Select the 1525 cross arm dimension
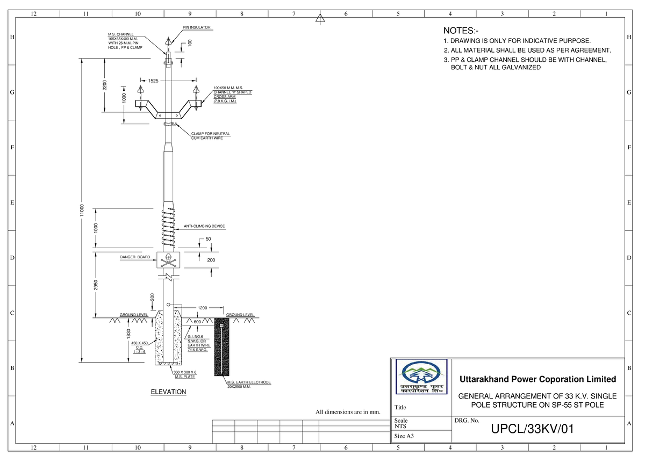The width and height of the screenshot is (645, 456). (154, 81)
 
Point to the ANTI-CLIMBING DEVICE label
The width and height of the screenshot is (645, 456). (204, 227)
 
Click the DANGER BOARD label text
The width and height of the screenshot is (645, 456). (135, 258)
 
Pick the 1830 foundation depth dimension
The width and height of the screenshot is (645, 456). (129, 334)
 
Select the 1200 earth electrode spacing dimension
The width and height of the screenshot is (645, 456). (202, 308)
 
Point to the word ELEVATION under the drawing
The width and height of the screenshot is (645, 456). (168, 392)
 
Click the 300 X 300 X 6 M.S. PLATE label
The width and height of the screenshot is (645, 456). (184, 374)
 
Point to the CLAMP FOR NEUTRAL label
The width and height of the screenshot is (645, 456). (211, 135)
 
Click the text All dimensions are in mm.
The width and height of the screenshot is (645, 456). (348, 412)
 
